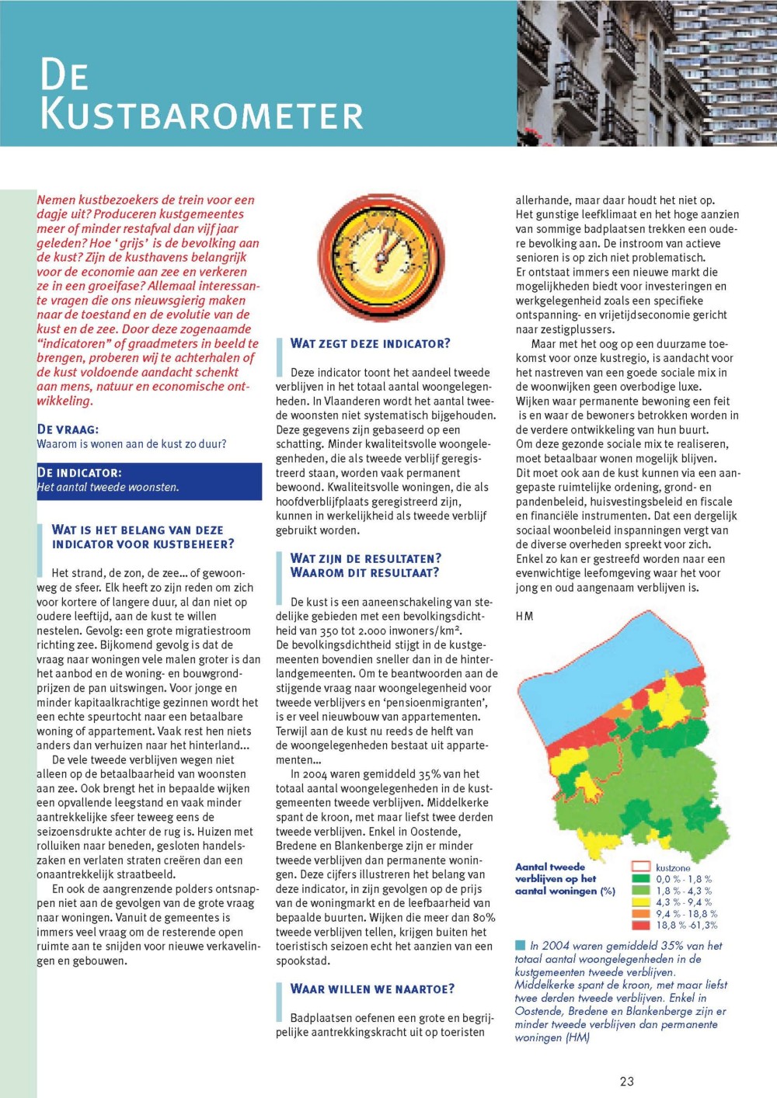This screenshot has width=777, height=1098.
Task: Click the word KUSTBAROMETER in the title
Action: click(x=202, y=115)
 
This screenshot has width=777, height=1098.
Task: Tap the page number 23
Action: click(x=627, y=1081)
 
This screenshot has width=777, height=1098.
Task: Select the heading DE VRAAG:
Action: click(x=68, y=429)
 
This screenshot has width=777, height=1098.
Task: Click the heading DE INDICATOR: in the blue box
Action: click(x=79, y=473)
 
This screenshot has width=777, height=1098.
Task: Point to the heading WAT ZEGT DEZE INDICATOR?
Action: click(x=370, y=343)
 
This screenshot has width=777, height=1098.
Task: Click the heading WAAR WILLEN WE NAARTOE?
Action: click(x=372, y=989)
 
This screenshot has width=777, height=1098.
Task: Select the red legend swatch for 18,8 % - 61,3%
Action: click(x=640, y=925)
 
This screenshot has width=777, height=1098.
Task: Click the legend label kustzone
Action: click(x=673, y=867)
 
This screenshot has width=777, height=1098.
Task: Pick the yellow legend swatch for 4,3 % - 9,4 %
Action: click(x=640, y=902)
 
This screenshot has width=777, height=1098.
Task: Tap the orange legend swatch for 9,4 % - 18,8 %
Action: click(x=640, y=913)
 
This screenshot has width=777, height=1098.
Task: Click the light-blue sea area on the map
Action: click(x=591, y=676)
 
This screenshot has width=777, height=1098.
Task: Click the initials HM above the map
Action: click(x=524, y=616)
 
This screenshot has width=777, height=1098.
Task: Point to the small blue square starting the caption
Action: click(x=520, y=945)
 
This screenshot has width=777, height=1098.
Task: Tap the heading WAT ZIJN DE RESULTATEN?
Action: click(x=365, y=558)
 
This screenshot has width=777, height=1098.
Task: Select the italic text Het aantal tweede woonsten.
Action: click(x=108, y=488)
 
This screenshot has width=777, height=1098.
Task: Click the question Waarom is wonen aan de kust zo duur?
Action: click(x=132, y=444)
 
